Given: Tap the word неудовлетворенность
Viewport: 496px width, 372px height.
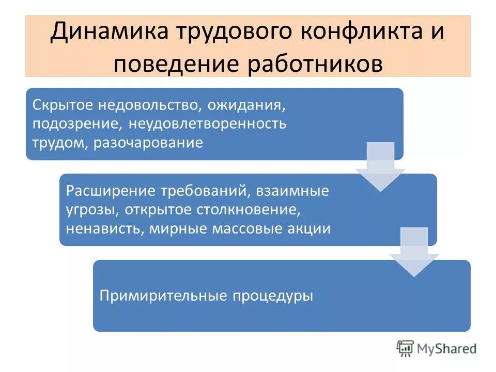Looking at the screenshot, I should click(207, 124).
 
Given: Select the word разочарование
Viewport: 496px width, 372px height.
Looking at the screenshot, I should click(148, 142).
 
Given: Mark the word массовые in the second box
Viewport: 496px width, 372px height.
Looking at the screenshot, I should click(245, 228).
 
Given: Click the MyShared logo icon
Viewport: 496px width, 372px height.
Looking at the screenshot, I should click(405, 348).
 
